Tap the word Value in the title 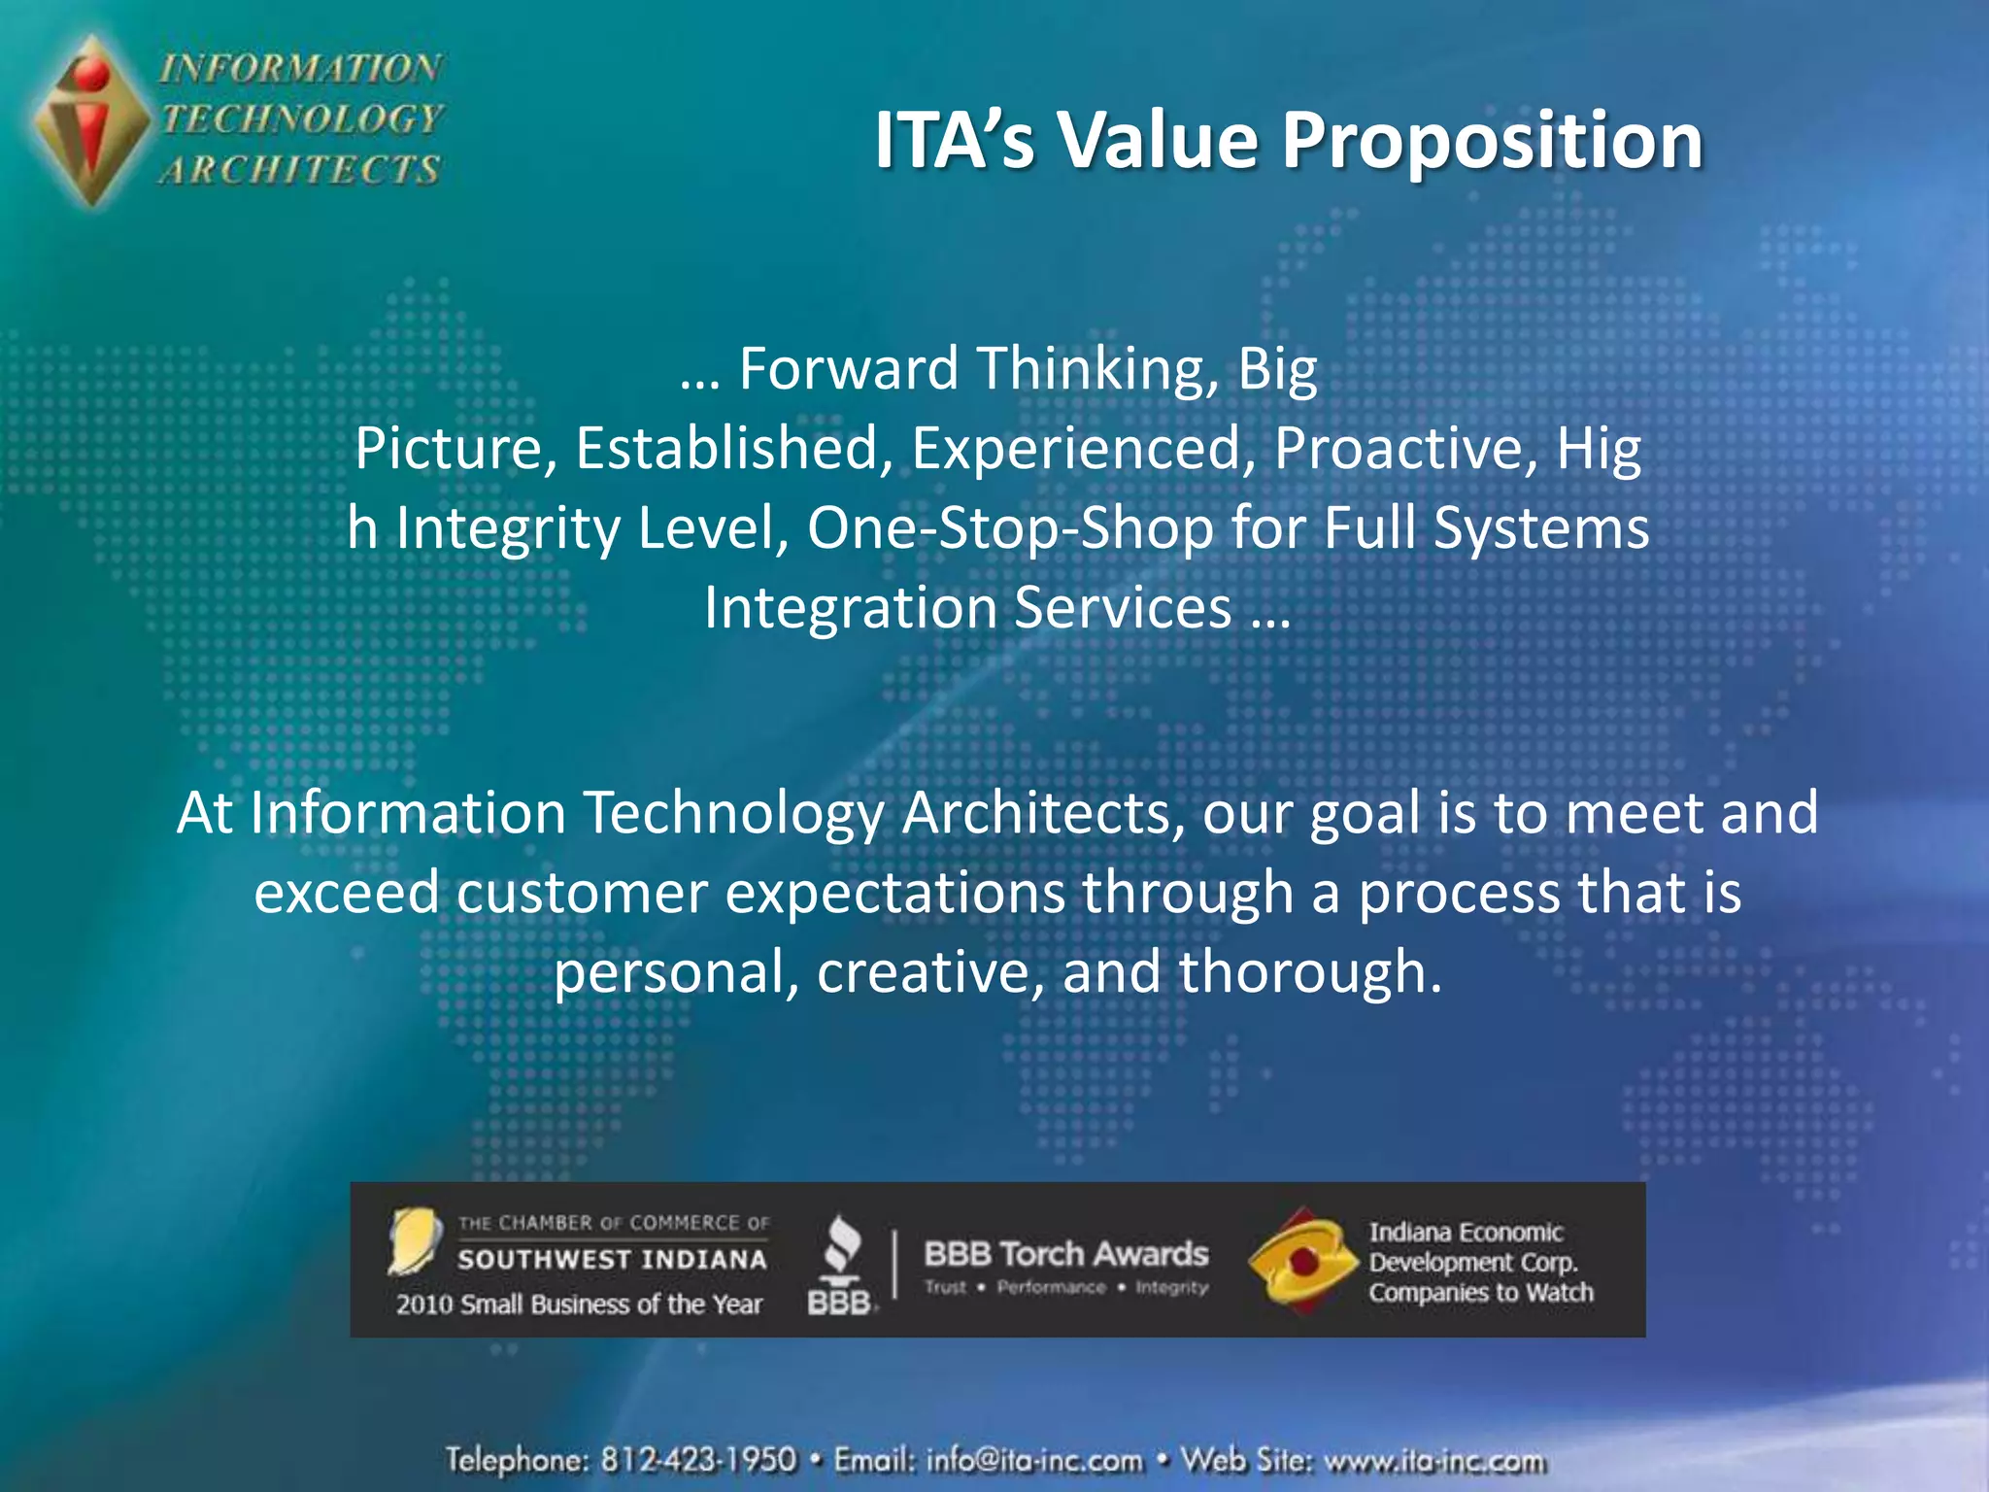pyautogui.click(x=1158, y=141)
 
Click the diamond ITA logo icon pyautogui.click(x=91, y=121)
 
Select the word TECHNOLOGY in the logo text pyautogui.click(x=302, y=119)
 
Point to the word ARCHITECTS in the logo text pyautogui.click(x=300, y=170)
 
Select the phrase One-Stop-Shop pyautogui.click(x=1010, y=528)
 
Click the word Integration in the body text pyautogui.click(x=851, y=608)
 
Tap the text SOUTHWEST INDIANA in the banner pyautogui.click(x=612, y=1260)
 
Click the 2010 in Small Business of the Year pyautogui.click(x=424, y=1305)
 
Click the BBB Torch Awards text pyautogui.click(x=1065, y=1254)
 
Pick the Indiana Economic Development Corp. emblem pyautogui.click(x=1301, y=1261)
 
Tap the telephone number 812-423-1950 pyautogui.click(x=697, y=1460)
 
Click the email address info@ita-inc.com pyautogui.click(x=1034, y=1460)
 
